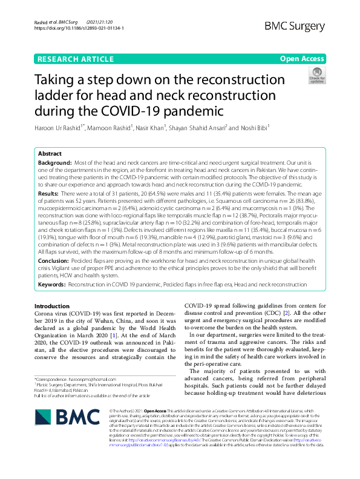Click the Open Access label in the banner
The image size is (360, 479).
tap(303, 59)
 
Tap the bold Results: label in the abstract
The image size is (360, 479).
tap(48, 192)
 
